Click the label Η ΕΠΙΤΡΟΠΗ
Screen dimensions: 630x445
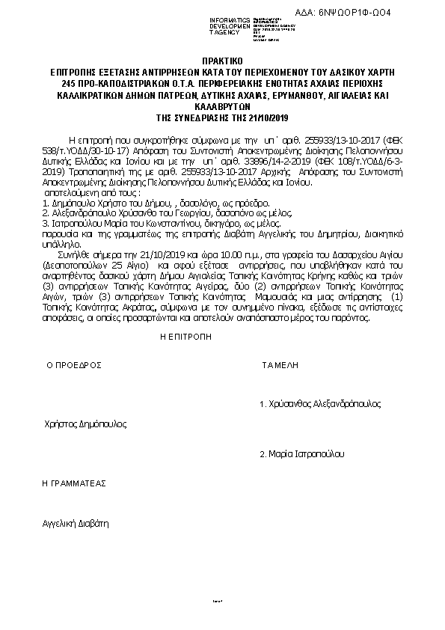coord(186,337)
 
